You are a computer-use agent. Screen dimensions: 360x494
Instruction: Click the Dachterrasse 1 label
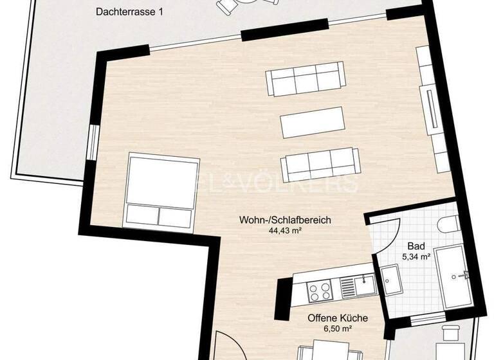tap(129, 12)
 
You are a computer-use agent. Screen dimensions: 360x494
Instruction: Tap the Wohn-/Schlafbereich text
tap(284, 220)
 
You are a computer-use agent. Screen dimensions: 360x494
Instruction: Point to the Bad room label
tap(416, 246)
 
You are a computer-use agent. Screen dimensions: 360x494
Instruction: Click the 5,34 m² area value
tap(416, 257)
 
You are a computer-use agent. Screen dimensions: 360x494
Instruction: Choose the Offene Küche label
tap(337, 318)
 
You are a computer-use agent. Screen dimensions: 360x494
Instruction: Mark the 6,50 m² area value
tap(337, 328)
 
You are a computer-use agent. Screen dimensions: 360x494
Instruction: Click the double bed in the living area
tap(161, 191)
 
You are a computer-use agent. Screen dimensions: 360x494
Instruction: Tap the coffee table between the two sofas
tap(312, 122)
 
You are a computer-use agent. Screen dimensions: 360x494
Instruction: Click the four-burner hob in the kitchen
tap(320, 291)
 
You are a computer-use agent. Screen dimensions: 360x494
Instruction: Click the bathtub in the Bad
tap(456, 276)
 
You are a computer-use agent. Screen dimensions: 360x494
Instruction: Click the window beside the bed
tap(93, 141)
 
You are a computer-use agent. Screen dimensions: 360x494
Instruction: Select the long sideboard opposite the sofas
tap(433, 109)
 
